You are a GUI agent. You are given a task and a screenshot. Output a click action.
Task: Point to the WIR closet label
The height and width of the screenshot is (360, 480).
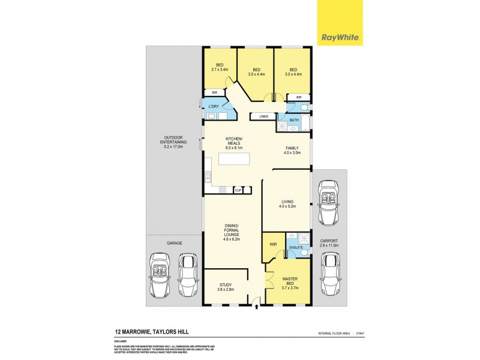tap(272, 245)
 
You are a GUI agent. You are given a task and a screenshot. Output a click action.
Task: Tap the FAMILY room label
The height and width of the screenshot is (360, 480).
tap(293, 150)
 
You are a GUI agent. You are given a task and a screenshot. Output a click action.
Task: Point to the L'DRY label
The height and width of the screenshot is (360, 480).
tap(213, 106)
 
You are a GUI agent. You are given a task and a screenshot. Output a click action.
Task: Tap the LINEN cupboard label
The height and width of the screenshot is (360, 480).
tap(263, 116)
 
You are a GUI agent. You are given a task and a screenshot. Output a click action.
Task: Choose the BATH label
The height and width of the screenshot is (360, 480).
tap(294, 120)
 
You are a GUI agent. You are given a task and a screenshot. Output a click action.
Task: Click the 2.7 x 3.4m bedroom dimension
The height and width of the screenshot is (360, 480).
tap(220, 70)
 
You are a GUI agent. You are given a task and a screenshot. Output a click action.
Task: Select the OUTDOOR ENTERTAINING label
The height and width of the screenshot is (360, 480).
tap(174, 143)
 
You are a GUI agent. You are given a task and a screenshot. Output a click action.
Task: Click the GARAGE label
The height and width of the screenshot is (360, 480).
tap(174, 243)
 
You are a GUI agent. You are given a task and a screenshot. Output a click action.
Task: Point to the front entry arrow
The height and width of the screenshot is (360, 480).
tap(257, 307)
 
